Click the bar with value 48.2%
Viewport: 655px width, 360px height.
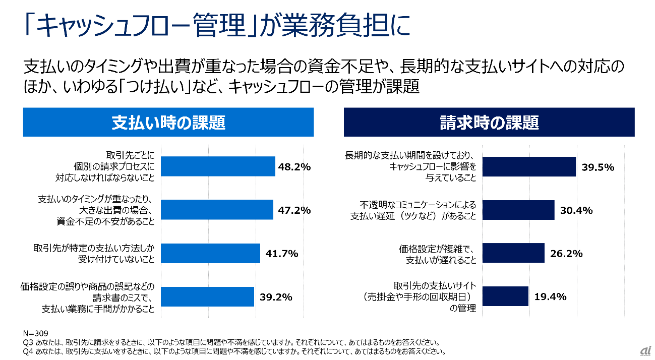pos(218,166)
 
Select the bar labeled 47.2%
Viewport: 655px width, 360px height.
pos(217,209)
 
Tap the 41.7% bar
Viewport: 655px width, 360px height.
pos(211,253)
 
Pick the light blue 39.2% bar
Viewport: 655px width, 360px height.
pos(208,296)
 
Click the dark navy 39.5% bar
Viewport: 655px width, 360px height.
pos(529,166)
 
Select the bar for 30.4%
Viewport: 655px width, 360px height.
pos(518,210)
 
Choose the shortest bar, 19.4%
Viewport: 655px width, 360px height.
pos(505,296)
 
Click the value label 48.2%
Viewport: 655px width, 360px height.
pos(294,166)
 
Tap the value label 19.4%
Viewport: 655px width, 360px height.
pos(550,296)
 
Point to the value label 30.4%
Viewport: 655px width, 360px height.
pos(576,210)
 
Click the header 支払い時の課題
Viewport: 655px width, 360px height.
pos(168,123)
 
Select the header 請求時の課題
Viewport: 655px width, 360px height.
pos(489,123)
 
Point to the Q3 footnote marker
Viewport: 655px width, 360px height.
pos(28,342)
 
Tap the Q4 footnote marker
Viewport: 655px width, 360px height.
pos(28,351)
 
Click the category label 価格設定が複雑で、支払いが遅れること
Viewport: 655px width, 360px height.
pos(438,254)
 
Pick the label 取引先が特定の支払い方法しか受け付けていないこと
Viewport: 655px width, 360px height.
pos(94,254)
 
